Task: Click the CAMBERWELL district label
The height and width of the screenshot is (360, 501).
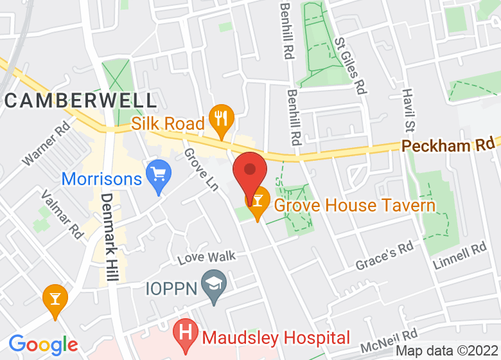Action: point(81,100)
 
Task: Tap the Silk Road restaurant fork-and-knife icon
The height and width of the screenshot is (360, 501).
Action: point(222,118)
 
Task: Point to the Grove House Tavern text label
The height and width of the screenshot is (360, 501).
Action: point(355,206)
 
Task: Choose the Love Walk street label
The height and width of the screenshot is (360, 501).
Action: point(207,257)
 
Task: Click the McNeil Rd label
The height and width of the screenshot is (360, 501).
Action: point(389,339)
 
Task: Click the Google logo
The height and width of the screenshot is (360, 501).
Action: point(43,345)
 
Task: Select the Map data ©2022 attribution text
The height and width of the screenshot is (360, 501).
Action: point(447,351)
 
